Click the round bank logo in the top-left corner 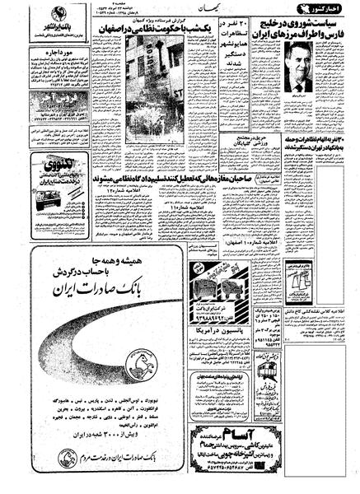[x=15, y=16]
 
